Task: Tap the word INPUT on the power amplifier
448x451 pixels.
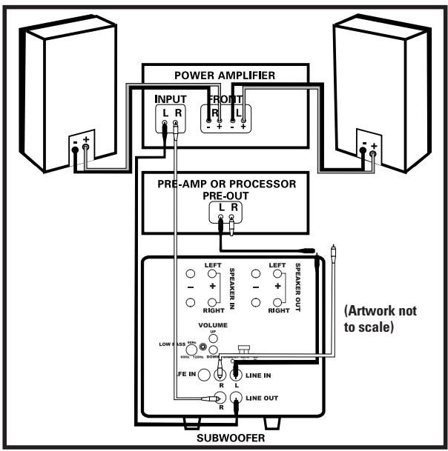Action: (171, 98)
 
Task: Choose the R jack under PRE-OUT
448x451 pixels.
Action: (232, 218)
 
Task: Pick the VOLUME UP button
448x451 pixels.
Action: (214, 337)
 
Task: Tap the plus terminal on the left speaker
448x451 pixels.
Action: (86, 147)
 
